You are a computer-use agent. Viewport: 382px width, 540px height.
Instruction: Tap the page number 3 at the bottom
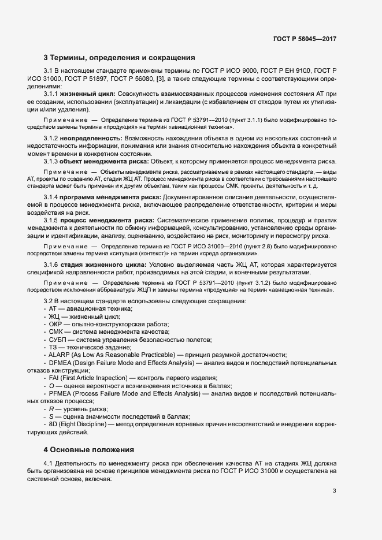[334, 491]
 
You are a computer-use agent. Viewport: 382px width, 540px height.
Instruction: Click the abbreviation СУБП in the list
[60, 340]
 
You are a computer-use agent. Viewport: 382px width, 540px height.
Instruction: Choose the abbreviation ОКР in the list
[57, 325]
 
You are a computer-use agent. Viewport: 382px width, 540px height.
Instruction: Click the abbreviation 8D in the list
[54, 424]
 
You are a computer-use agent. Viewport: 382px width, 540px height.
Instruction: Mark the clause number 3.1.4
[52, 199]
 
